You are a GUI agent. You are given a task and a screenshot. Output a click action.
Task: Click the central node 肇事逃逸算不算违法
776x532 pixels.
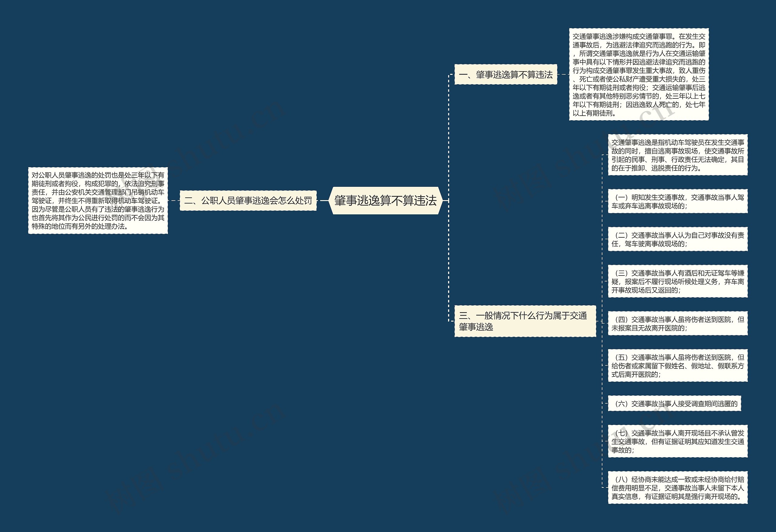385,200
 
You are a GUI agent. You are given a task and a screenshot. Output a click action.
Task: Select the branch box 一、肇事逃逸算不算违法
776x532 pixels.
506,74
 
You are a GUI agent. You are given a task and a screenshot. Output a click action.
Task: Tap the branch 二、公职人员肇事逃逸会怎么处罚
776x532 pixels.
248,200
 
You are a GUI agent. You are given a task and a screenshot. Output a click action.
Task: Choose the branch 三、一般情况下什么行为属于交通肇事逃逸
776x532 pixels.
525,321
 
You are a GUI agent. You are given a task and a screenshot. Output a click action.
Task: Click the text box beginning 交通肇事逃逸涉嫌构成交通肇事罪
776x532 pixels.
638,74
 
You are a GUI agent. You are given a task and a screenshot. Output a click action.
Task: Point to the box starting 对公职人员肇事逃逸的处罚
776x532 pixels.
98,200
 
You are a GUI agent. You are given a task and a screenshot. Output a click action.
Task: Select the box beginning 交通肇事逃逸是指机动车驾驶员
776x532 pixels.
677,155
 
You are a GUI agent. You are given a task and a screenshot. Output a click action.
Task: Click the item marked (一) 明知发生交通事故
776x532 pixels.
677,201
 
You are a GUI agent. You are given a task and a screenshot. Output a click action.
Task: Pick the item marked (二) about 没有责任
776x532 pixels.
677,239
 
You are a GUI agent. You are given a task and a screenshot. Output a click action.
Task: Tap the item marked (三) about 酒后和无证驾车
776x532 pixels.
677,282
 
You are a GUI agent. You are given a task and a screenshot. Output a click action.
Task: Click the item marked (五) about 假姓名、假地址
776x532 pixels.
677,365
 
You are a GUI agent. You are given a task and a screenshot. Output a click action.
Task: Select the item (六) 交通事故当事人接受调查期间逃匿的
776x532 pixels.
674,404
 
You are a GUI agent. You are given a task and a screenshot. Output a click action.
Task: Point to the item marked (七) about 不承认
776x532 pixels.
677,441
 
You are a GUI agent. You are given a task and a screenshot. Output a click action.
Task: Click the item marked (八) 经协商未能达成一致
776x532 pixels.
677,487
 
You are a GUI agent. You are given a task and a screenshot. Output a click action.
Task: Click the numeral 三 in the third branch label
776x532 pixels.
463,316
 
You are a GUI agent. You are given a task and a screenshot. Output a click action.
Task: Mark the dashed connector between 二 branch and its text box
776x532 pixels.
174,200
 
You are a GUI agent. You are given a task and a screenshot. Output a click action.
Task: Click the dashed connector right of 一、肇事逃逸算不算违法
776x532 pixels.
563,74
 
